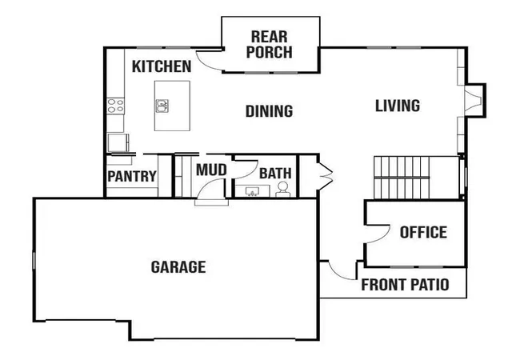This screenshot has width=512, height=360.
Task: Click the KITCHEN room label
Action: point(162,66)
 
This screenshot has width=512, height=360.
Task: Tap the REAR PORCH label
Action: point(270,45)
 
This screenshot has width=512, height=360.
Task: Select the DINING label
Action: point(269,111)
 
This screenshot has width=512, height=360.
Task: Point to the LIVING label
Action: point(398,106)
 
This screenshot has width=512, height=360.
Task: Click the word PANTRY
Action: point(132,177)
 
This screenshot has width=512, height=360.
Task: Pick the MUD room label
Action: point(211,170)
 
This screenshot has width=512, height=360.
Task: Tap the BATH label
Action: point(275,174)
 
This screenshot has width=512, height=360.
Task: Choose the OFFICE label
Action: point(423,232)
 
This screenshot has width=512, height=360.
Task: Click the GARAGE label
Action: point(178,267)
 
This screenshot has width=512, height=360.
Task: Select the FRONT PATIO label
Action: point(405,285)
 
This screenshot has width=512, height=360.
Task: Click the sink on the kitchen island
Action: point(162,106)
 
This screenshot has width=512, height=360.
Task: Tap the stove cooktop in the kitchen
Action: point(115,106)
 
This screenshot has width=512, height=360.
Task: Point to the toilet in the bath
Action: point(282,190)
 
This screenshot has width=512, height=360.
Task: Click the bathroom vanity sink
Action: point(252,191)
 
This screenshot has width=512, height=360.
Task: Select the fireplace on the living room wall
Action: point(475,100)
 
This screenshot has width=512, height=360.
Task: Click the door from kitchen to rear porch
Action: point(209,61)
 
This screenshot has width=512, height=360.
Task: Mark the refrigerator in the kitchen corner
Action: point(118,142)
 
